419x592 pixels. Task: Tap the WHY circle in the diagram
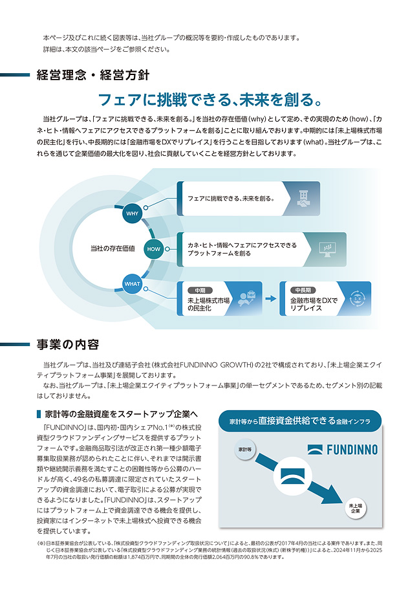tap(132, 214)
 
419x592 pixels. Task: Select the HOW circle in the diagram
tap(153, 249)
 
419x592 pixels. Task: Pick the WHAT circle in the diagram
tap(132, 283)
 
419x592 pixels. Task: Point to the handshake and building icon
tap(302, 199)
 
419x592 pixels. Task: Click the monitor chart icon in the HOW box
tap(328, 249)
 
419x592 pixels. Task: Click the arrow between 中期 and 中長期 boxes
tap(271, 299)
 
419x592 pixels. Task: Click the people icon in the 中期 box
tap(246, 299)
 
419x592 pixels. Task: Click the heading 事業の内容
tap(68, 344)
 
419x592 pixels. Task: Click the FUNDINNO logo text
tap(343, 449)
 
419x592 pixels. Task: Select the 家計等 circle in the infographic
tap(244, 449)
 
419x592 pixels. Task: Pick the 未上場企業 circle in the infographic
tap(355, 508)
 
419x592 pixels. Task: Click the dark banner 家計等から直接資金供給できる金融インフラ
tap(299, 421)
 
